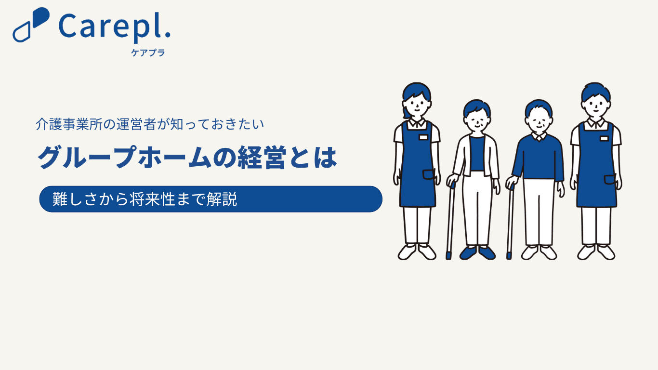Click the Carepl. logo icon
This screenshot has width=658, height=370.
[x=31, y=25]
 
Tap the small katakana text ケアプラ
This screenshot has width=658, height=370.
[x=148, y=53]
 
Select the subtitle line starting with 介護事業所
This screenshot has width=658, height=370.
[x=150, y=124]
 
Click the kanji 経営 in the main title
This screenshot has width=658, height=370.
[x=262, y=158]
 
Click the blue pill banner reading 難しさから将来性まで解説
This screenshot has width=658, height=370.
[x=211, y=199]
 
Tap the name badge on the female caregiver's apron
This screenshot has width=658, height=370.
[x=423, y=137]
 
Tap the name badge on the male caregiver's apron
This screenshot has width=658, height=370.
[x=604, y=138]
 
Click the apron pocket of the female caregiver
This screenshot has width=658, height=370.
[x=429, y=174]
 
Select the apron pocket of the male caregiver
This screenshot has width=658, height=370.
[x=610, y=180]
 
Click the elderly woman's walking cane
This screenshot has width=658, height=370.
[x=450, y=221]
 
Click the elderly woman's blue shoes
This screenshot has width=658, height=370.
[x=477, y=253]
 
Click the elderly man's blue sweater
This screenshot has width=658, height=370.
[x=538, y=158]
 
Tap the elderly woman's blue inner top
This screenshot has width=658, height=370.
[x=477, y=153]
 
